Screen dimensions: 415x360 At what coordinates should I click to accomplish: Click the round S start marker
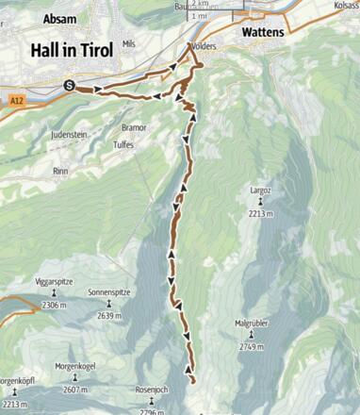pyautogui.click(x=69, y=86)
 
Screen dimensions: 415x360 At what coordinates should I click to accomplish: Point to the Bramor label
pyautogui.click(x=134, y=126)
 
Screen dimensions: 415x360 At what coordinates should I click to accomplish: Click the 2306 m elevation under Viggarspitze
pyautogui.click(x=55, y=306)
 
